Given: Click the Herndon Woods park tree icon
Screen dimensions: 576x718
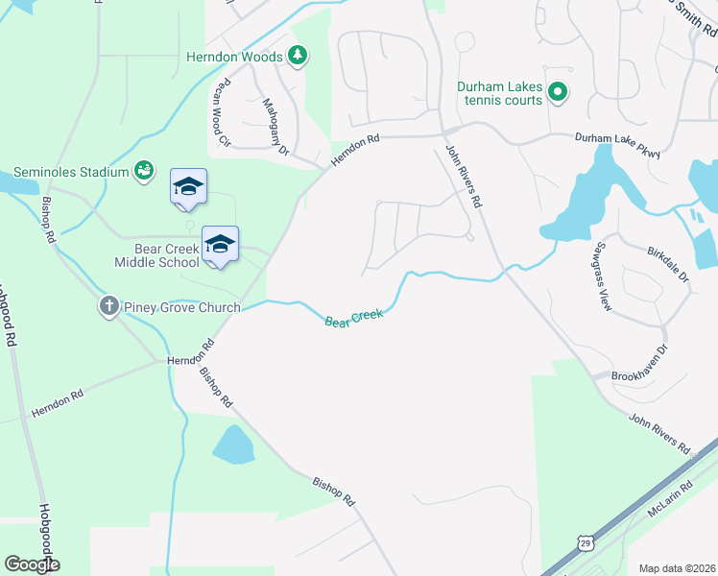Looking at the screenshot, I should [298, 56].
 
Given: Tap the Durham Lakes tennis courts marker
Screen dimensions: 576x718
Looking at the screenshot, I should [558, 93].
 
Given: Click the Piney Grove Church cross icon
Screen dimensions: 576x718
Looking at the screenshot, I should [108, 307].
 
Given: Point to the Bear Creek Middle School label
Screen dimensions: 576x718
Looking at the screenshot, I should [157, 255].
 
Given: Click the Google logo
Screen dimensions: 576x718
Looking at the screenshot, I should [32, 564].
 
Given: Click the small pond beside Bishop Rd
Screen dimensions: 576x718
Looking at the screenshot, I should [233, 444].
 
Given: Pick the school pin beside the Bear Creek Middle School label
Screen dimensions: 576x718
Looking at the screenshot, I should [220, 246].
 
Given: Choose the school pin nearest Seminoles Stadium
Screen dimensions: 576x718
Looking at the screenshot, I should [188, 188].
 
